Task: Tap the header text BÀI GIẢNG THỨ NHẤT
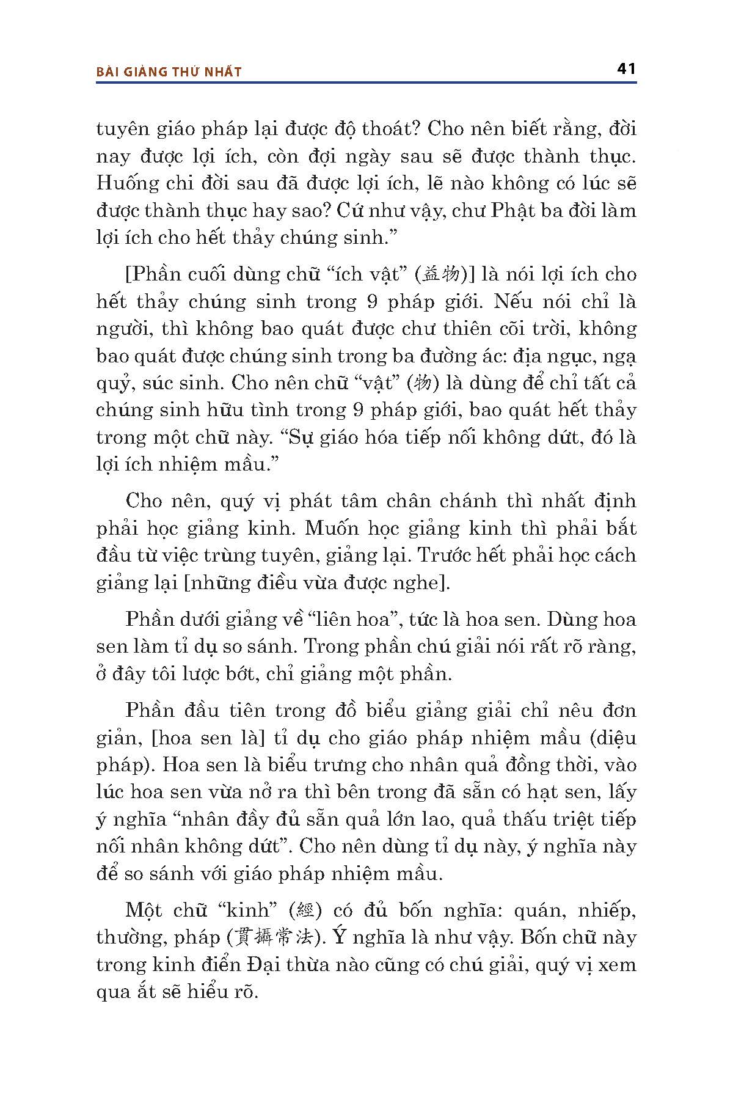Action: [169, 72]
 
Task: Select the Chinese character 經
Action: [304, 911]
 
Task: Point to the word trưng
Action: [343, 765]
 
